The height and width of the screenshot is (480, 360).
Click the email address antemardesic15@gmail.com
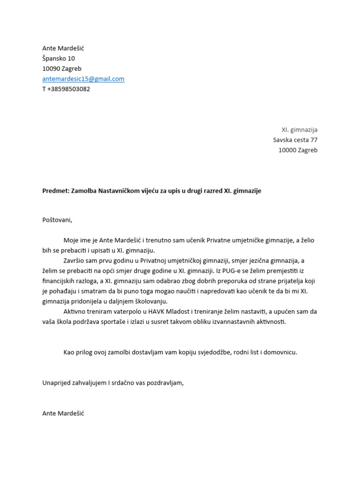(x=83, y=79)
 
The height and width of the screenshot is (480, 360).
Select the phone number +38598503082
(x=68, y=89)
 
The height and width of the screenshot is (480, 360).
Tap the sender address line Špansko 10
(x=58, y=59)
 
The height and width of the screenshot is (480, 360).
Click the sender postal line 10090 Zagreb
(x=61, y=69)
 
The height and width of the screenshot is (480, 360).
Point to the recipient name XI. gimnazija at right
(x=299, y=130)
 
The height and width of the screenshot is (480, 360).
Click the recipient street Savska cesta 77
(x=295, y=140)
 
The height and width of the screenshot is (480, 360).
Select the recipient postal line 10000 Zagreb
(x=298, y=150)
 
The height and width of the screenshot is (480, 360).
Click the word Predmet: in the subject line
(x=55, y=191)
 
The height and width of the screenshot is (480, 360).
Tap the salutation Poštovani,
(x=58, y=219)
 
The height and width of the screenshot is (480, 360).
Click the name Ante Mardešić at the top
(x=63, y=48)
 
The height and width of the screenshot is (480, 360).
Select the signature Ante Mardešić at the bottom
(x=63, y=413)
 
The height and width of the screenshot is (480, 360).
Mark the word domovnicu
(x=279, y=352)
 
